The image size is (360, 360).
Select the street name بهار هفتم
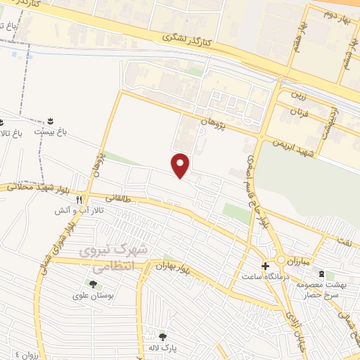(303, 34)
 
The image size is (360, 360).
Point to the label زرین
(300, 93)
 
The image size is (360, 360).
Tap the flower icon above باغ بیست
(51, 121)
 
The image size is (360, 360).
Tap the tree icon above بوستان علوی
(93, 284)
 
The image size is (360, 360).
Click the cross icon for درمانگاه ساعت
(265, 266)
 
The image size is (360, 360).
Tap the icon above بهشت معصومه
(322, 274)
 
